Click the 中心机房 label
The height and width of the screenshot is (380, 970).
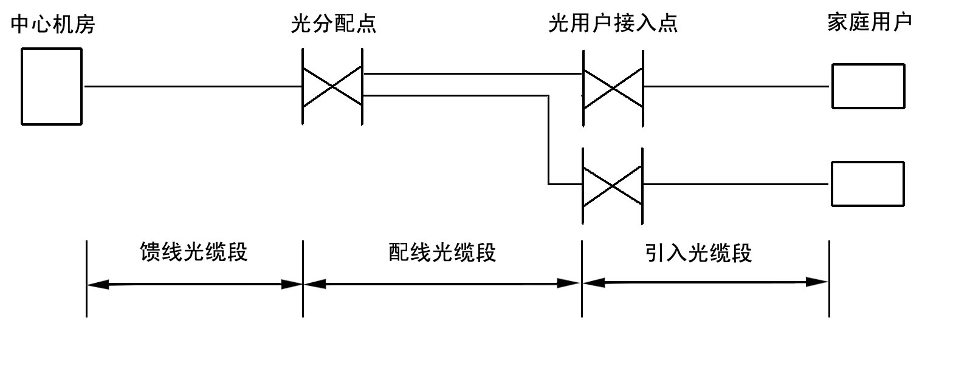(53, 25)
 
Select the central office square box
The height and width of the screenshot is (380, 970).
(52, 86)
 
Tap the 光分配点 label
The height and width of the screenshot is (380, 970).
(333, 24)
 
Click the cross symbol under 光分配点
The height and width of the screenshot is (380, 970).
(332, 87)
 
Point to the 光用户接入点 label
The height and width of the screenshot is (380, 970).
(613, 24)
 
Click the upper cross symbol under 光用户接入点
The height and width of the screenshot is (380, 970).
(613, 87)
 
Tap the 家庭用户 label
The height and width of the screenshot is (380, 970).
(870, 22)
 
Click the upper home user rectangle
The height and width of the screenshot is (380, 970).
(868, 86)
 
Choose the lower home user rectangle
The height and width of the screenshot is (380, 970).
(868, 184)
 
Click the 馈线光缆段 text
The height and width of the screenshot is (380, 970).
(194, 252)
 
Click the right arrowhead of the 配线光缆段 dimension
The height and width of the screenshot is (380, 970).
(570, 283)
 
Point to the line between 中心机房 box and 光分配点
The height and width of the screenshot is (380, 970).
(193, 87)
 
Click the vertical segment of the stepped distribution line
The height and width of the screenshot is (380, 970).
(548, 140)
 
